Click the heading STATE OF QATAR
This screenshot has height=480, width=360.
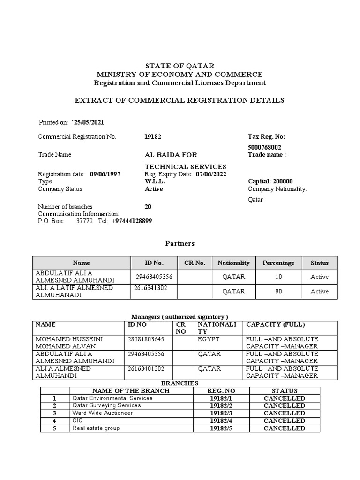pyautogui.click(x=180, y=66)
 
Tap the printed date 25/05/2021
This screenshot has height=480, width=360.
pyautogui.click(x=88, y=122)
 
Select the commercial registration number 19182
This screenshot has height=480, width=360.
pyautogui.click(x=153, y=137)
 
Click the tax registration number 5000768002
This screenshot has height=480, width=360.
pyautogui.click(x=265, y=147)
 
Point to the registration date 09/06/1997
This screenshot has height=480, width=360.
pyautogui.click(x=105, y=174)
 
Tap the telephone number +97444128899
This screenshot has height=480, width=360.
pyautogui.click(x=132, y=221)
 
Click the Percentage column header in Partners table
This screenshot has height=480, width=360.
pyautogui.click(x=278, y=263)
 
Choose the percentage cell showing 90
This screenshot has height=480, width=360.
pyautogui.click(x=278, y=292)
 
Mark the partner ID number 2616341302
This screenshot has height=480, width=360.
pyautogui.click(x=149, y=288)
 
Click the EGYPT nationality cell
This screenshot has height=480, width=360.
pyautogui.click(x=209, y=338)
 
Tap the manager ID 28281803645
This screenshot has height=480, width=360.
pyautogui.click(x=146, y=338)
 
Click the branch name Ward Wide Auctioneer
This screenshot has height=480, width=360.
pyautogui.click(x=102, y=413)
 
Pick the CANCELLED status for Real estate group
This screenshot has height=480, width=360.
pyautogui.click(x=284, y=428)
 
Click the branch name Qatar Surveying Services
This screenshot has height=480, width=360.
pyautogui.click(x=106, y=405)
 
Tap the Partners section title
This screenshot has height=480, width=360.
pyautogui.click(x=180, y=244)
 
